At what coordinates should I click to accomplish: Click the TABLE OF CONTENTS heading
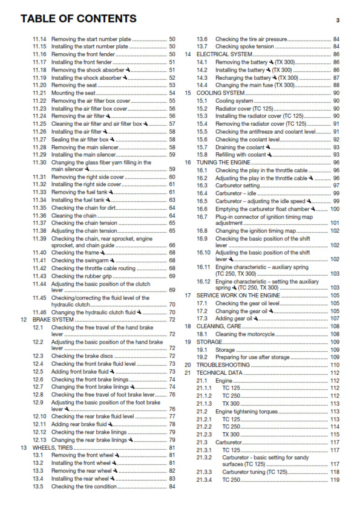click(x=79, y=19)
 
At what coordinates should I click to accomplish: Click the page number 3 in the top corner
click(x=337, y=21)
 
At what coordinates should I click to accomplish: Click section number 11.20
click(x=39, y=85)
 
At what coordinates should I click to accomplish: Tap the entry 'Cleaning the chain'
click(x=74, y=215)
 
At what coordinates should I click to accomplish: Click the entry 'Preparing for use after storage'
click(x=254, y=357)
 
